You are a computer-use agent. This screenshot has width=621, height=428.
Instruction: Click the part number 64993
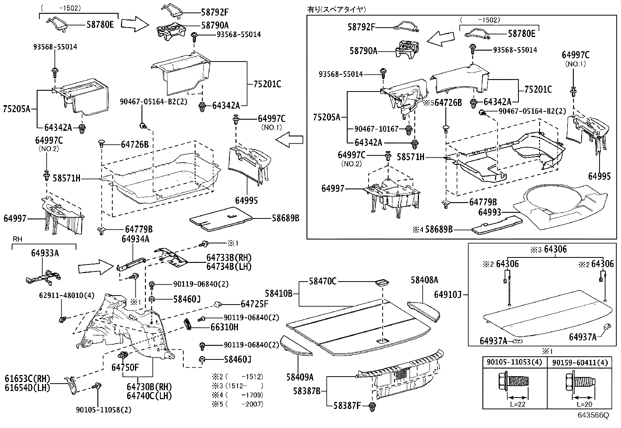(490, 212)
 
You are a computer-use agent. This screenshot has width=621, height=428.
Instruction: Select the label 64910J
(448, 295)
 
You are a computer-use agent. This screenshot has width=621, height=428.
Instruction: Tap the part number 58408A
(424, 280)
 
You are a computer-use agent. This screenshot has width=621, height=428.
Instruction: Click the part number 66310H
(224, 327)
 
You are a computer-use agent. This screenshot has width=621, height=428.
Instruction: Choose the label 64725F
(254, 304)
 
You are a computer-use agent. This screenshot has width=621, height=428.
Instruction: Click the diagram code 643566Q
(593, 415)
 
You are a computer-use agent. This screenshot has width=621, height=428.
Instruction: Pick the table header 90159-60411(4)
(580, 363)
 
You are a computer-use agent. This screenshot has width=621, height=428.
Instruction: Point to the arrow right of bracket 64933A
(95, 267)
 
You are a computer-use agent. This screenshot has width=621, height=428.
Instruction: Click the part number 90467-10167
(376, 129)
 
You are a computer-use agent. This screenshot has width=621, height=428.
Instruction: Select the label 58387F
(347, 406)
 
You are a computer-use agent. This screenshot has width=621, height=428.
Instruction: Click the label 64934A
(135, 239)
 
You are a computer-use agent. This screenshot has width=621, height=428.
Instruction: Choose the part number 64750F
(125, 367)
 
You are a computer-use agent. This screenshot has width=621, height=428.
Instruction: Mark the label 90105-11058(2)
(104, 410)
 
